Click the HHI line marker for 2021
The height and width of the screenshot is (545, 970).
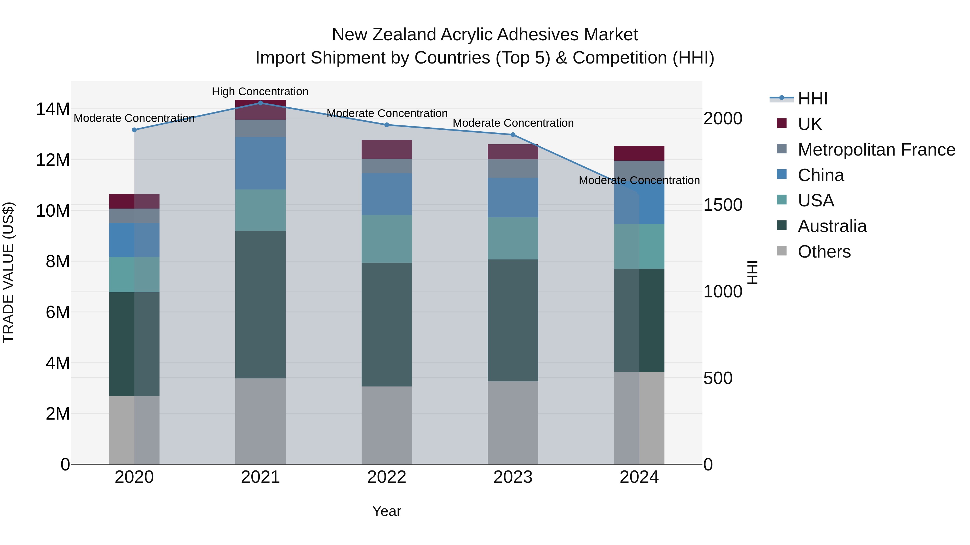click(x=260, y=103)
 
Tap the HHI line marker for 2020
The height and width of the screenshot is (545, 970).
click(x=134, y=130)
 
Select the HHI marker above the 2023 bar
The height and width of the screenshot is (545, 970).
click(x=513, y=135)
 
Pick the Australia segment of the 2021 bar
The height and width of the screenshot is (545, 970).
click(x=260, y=304)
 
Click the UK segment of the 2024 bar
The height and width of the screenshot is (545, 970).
click(x=639, y=153)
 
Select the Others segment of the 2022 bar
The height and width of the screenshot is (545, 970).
click(x=386, y=425)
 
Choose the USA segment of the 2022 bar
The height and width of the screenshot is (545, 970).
click(x=386, y=238)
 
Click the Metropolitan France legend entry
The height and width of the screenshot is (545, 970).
click(x=876, y=149)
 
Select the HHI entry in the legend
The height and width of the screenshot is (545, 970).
click(x=813, y=99)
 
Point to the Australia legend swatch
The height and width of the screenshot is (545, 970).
click(x=782, y=226)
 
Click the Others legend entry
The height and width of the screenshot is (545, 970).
click(x=824, y=251)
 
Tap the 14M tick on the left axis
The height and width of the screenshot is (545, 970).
click(x=53, y=109)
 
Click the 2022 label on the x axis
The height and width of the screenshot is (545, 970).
click(x=386, y=477)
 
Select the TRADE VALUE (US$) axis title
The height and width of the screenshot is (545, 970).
click(x=8, y=272)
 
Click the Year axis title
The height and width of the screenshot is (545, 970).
click(x=386, y=511)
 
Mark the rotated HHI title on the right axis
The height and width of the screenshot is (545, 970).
click(x=752, y=272)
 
